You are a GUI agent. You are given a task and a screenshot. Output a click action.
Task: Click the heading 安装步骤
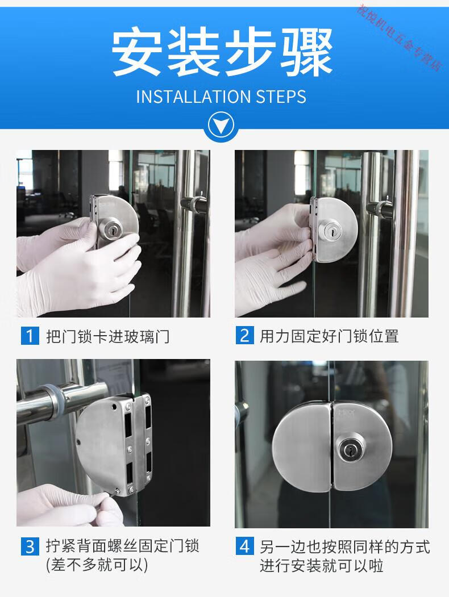222,51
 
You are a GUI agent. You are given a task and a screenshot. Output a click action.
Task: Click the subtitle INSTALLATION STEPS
221,97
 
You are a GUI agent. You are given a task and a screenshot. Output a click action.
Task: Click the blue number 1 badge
30,336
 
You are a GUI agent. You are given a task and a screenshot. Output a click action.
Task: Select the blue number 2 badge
244,336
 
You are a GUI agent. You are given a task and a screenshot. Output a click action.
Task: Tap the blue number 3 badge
30,546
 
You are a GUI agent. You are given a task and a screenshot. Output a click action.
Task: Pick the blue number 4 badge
244,546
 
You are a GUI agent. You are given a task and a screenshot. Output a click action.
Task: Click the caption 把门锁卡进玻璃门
108,336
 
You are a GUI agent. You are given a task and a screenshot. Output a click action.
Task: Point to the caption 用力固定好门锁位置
330,336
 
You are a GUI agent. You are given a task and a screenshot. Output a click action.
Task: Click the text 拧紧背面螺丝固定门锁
123,546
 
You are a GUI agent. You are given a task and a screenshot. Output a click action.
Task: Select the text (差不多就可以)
97,565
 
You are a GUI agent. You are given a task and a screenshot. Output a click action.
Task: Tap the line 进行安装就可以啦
322,565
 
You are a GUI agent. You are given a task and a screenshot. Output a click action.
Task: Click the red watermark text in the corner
400,37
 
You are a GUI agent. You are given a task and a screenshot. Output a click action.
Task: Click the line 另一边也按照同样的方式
345,547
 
